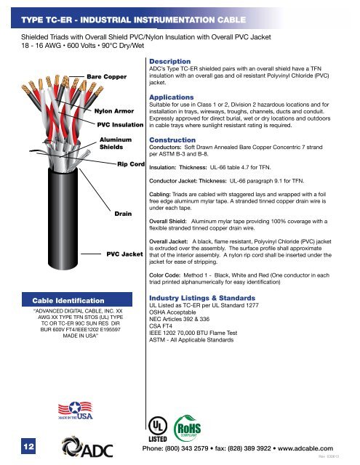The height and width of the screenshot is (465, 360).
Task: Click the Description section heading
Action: [169, 61]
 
